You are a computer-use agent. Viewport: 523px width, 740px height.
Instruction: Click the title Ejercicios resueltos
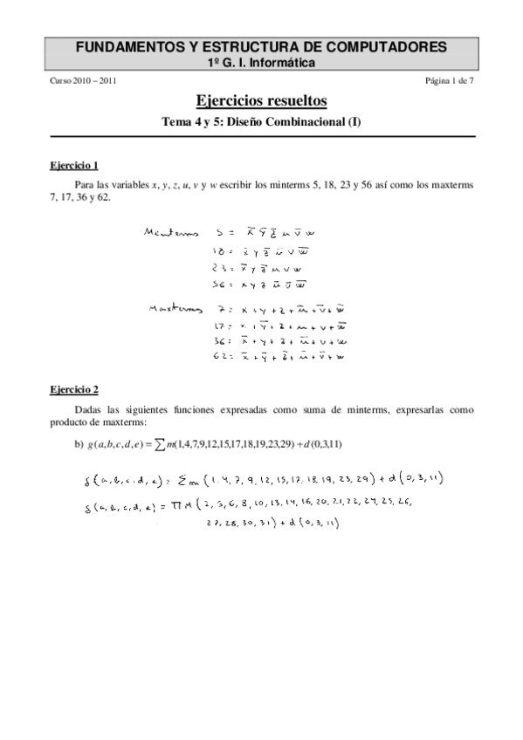point(261,101)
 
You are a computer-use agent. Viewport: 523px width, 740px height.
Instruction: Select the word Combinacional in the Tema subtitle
point(299,122)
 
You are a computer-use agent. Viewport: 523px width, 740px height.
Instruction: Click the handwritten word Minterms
point(170,234)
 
